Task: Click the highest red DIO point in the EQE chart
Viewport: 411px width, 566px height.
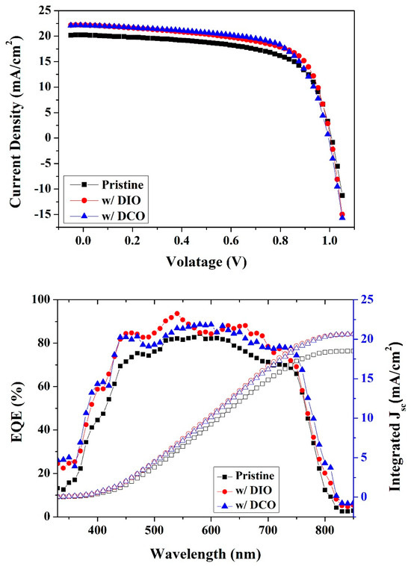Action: click(177, 314)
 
